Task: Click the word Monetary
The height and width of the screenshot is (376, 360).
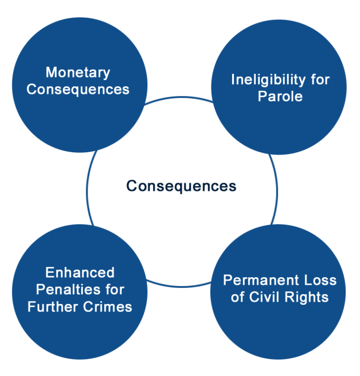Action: (x=78, y=73)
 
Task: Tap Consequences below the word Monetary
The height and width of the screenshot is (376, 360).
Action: (x=78, y=89)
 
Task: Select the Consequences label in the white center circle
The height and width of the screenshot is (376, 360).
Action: (x=181, y=186)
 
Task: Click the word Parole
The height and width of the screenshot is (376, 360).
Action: (x=280, y=96)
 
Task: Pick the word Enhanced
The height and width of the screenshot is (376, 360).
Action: (x=80, y=273)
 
